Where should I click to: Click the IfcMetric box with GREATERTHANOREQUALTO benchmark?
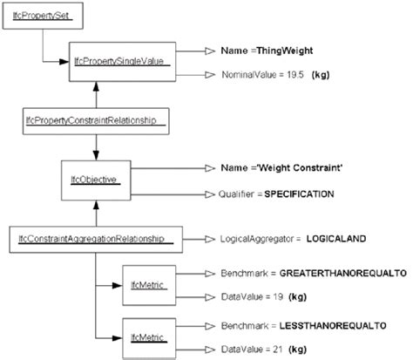(x=142, y=285)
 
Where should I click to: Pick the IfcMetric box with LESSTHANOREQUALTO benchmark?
(x=142, y=335)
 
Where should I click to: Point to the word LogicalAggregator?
(x=256, y=236)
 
